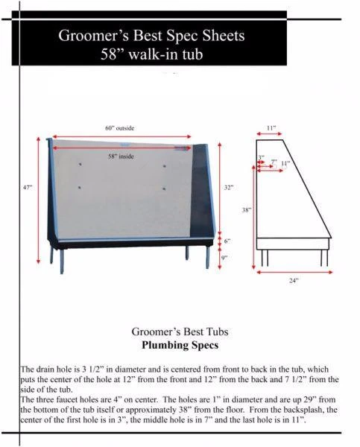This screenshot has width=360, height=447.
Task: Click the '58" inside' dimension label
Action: click(121, 156)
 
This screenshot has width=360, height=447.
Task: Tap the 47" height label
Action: click(28, 187)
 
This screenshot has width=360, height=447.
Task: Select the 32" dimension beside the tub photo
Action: click(228, 187)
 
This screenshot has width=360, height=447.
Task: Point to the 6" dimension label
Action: click(227, 241)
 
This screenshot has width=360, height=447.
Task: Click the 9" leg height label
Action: click(224, 257)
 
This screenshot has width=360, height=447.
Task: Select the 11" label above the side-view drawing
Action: click(271, 128)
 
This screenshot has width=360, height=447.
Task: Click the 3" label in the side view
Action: click(261, 157)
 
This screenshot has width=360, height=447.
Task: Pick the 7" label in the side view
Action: click(274, 162)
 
